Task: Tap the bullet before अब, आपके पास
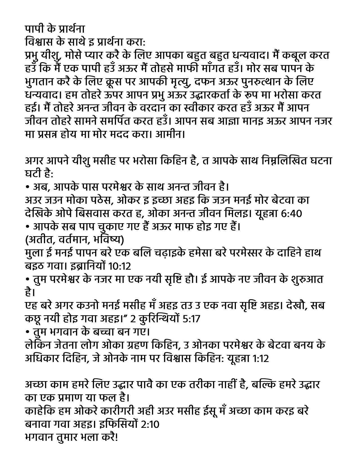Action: [x=27, y=187]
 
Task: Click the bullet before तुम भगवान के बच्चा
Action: [x=27, y=332]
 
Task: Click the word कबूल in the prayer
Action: [x=293, y=55]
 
